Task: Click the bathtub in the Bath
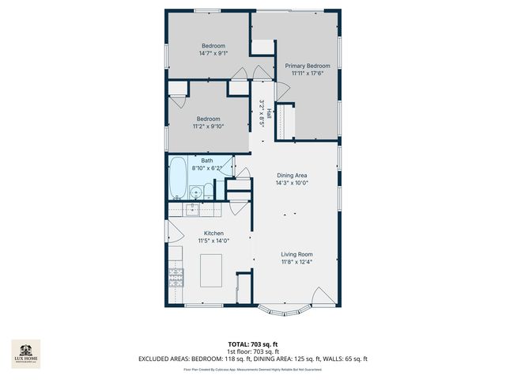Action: tap(177, 179)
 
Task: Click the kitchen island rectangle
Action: tap(211, 271)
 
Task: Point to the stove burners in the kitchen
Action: tap(175, 277)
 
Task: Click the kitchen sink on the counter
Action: tap(191, 209)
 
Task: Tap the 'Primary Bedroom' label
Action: tap(308, 66)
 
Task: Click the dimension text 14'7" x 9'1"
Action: tap(213, 54)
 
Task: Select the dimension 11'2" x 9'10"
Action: tap(209, 126)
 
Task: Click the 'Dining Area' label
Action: tap(292, 175)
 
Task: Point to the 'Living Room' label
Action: tap(296, 254)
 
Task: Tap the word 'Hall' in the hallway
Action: tap(269, 114)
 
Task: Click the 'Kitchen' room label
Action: tap(213, 234)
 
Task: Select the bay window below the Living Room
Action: tap(285, 309)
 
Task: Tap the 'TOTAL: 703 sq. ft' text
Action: tap(252, 344)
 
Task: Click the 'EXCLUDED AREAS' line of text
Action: tap(253, 359)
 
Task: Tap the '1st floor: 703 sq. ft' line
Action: tap(252, 351)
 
